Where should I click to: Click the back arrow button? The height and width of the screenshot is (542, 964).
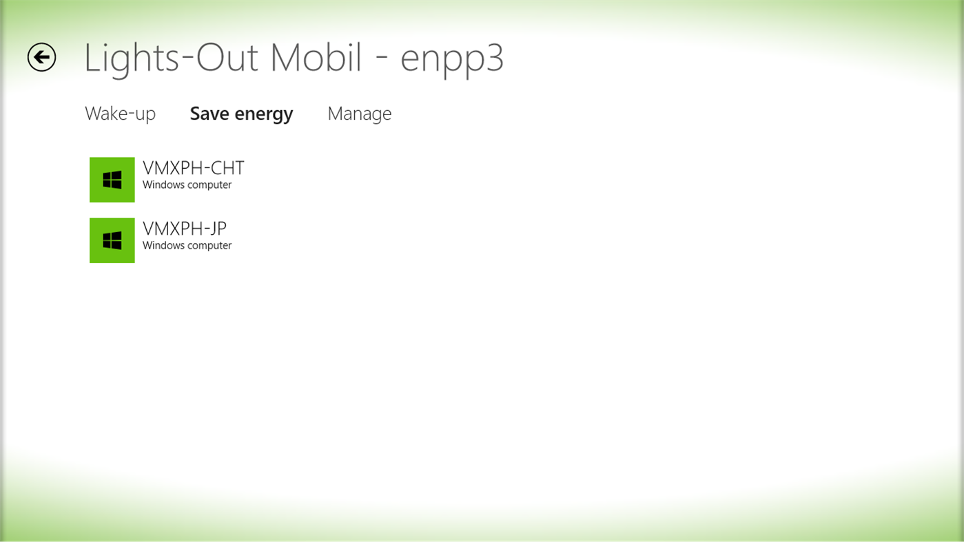(41, 57)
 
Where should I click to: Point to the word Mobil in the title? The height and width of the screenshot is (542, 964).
(316, 58)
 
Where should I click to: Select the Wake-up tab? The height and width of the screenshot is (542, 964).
(120, 114)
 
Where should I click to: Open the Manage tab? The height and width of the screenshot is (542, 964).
(359, 114)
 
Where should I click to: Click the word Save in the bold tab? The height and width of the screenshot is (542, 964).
(209, 114)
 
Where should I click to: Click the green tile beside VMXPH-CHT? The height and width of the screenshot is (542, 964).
(112, 180)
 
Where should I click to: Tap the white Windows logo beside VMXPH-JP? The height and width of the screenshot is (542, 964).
(112, 240)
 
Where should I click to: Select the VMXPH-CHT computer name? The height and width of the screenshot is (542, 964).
(193, 168)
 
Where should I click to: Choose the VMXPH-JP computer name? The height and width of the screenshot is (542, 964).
(184, 229)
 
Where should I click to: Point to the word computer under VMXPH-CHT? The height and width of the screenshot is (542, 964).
(210, 186)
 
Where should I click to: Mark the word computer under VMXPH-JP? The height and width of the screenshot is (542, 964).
(210, 247)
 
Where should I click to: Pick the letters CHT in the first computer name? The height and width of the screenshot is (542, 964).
(225, 168)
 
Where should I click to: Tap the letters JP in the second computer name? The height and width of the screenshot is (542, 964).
(217, 229)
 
